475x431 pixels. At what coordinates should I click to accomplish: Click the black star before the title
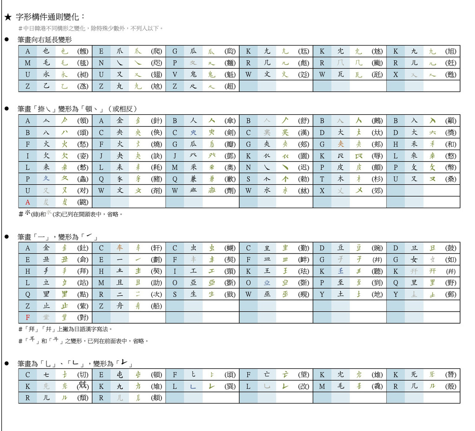pos(7,18)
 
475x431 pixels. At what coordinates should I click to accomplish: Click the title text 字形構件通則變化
pos(51,17)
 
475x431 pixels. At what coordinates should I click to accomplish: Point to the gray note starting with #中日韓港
pos(91,29)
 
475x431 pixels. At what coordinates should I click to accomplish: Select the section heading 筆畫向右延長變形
pos(45,40)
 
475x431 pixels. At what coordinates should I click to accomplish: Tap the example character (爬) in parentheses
pos(156,52)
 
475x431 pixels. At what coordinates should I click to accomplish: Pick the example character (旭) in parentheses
pos(450,52)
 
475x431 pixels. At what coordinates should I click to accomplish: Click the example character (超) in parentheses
pos(230,86)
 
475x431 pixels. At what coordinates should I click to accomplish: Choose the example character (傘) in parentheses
pos(230,121)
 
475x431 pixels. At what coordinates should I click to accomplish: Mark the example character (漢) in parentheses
pos(303,132)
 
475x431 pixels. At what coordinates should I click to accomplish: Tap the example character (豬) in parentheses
pos(156,179)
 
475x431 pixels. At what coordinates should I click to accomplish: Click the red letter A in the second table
pos(28,202)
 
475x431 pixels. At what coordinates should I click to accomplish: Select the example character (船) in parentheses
pos(156,306)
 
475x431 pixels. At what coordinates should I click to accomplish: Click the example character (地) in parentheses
pos(377,294)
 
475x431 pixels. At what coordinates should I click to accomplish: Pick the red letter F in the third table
pos(28,318)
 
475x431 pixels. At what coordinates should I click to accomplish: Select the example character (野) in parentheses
pos(450,283)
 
